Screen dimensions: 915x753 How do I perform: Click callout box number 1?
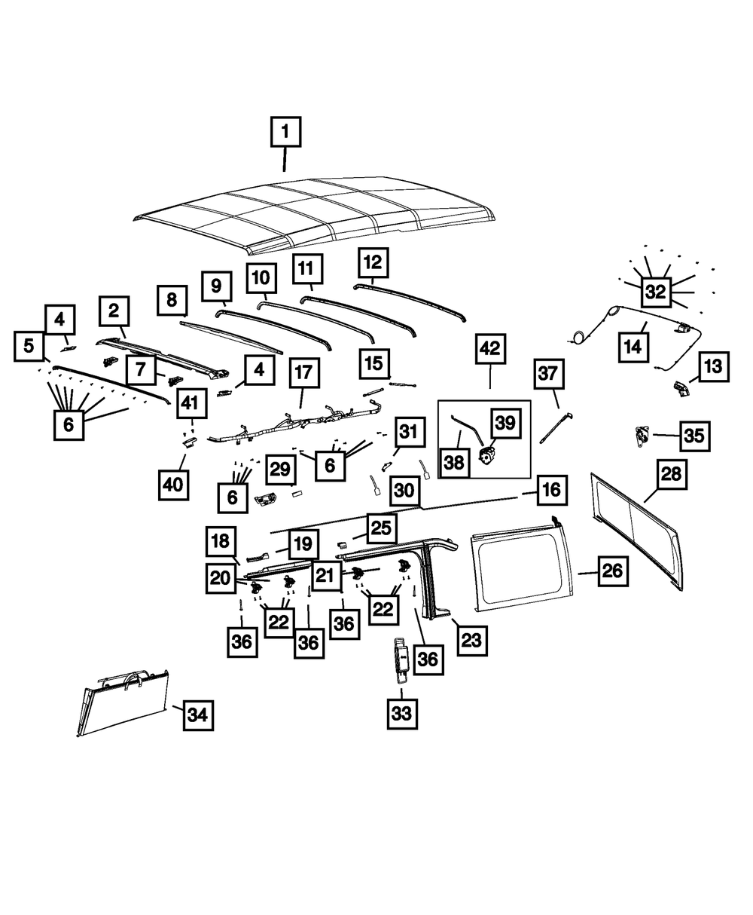285,132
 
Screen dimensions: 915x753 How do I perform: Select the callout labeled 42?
490,349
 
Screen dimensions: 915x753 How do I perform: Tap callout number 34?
197,714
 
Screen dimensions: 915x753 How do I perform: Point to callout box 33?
402,713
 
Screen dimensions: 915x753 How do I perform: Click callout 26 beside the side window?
613,572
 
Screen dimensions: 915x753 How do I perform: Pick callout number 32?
656,292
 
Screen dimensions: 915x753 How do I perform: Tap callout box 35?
694,436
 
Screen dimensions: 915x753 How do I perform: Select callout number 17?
303,373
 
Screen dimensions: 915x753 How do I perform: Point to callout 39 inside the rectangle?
505,423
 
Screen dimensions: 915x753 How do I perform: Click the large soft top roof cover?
316,211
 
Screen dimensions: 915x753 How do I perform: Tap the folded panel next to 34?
124,701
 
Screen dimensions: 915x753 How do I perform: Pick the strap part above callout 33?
401,658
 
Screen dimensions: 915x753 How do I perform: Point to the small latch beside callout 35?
642,435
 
